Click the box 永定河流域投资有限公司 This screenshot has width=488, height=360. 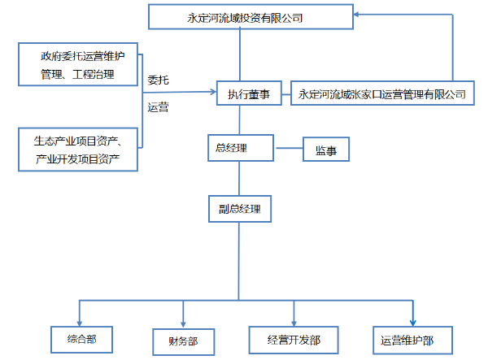coord(251,16)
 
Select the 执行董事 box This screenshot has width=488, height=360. coord(248,94)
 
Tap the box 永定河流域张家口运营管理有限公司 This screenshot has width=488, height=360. coord(381,94)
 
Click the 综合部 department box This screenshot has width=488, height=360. coord(80,338)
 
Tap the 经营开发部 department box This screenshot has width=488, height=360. coord(294,340)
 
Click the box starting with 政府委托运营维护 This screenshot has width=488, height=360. coord(78,66)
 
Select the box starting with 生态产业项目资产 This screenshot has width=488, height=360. coord(78,149)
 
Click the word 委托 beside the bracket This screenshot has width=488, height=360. coord(159,80)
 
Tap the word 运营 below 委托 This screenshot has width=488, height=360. coord(159,107)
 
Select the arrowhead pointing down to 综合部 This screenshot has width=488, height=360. coord(80,319)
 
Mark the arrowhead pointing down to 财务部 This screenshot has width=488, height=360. coord(184,320)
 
